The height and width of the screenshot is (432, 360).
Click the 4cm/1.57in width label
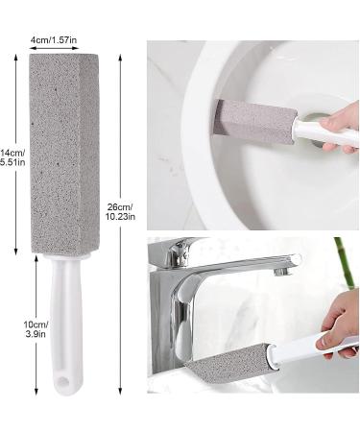pyautogui.click(x=54, y=40)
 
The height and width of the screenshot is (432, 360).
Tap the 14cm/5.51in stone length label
pyautogui.click(x=12, y=157)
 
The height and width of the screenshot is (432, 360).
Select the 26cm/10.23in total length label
pyautogui.click(x=120, y=212)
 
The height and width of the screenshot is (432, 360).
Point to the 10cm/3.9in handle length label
pyautogui.click(x=36, y=329)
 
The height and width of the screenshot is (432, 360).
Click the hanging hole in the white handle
pyautogui.click(x=63, y=381)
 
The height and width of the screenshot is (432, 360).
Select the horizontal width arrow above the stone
pyautogui.click(x=54, y=48)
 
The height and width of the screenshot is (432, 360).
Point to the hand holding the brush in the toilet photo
pyautogui.click(x=340, y=128)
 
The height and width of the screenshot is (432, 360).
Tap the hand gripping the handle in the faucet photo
pyautogui.click(x=340, y=324)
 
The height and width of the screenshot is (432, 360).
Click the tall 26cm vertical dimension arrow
pyautogui.click(x=120, y=224)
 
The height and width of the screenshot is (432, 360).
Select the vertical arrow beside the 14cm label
pyautogui.click(x=15, y=155)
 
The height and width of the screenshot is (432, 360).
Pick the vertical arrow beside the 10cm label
pyautogui.click(x=36, y=325)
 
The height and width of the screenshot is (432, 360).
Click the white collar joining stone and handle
pyautogui.click(x=66, y=257)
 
